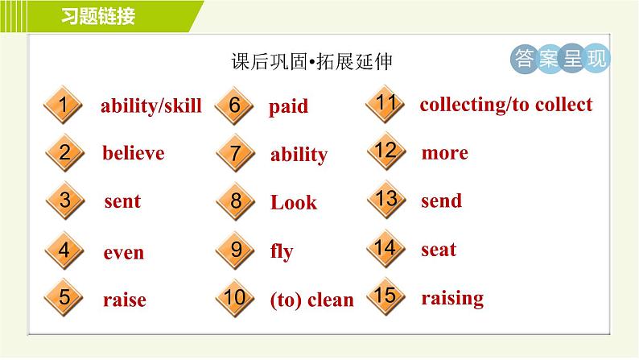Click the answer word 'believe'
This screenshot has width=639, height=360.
[x=134, y=153]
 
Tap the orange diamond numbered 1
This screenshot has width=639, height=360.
[x=63, y=105]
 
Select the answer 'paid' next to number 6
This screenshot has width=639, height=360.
[x=288, y=107]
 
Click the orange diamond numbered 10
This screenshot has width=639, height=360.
[x=235, y=298]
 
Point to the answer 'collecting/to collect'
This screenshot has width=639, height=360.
[x=505, y=105]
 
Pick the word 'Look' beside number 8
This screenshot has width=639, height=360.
[x=294, y=202]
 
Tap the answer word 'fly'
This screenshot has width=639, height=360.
[x=282, y=251]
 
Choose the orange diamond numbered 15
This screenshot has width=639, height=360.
[x=385, y=296]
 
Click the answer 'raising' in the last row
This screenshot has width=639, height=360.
[x=452, y=299]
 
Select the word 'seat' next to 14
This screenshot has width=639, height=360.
[x=439, y=250]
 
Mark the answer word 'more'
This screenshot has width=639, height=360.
[x=444, y=153]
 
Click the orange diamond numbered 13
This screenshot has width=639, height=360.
[x=386, y=200]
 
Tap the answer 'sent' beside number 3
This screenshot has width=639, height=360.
[x=122, y=201]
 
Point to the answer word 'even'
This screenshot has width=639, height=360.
[x=123, y=253]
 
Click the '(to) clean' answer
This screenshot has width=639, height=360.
[x=311, y=300]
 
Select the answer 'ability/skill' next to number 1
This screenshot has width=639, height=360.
[x=151, y=106]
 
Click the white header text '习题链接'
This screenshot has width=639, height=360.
[x=98, y=16]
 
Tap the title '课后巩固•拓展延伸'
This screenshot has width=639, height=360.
[x=311, y=61]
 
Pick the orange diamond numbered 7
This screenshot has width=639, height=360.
[x=236, y=153]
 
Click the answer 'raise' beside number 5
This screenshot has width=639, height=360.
[x=124, y=300]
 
